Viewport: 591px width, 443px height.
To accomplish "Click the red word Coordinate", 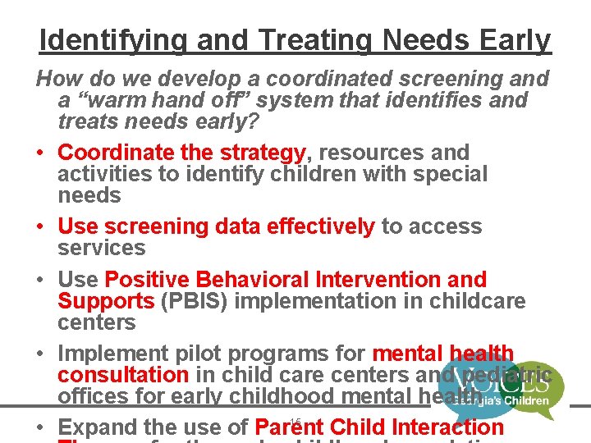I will click(x=111, y=153).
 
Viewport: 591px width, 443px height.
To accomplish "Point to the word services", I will click(x=101, y=248).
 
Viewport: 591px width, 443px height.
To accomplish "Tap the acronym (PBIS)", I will click(x=197, y=301).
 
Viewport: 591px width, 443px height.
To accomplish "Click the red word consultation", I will click(x=123, y=375).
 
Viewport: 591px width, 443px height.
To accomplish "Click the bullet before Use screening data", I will click(x=41, y=226).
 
